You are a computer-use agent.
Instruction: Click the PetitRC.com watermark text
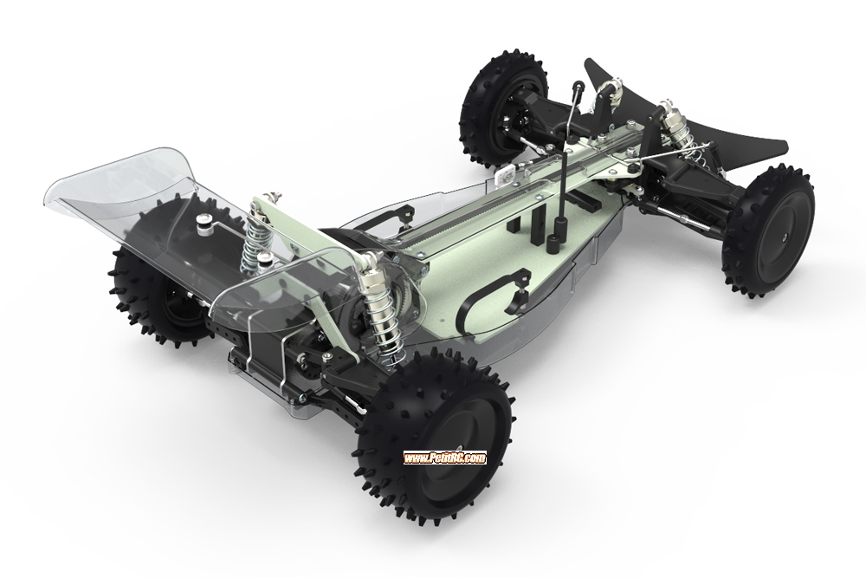pyautogui.click(x=445, y=458)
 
